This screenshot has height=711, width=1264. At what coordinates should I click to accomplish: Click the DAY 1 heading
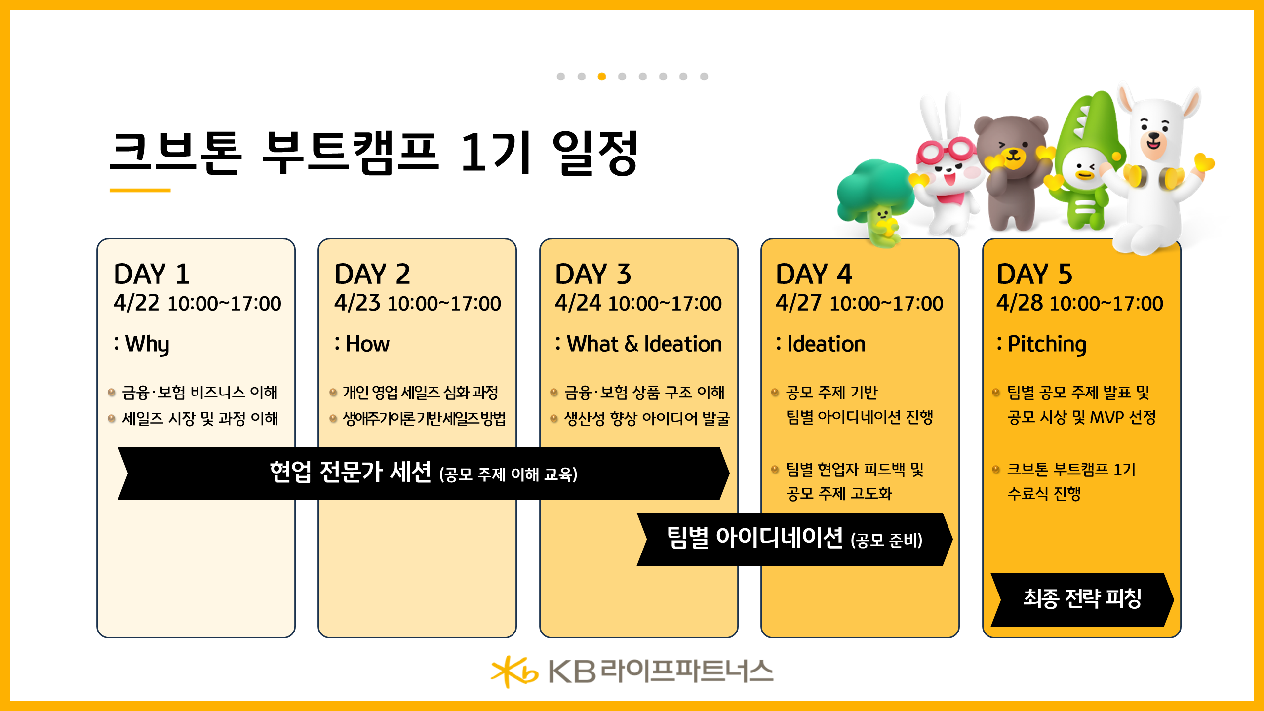coord(152,274)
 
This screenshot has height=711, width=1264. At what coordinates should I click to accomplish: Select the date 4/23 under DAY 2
coord(357,303)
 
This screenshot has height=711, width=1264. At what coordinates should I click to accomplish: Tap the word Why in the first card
coord(147,344)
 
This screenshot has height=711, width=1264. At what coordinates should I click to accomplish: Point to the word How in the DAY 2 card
coord(367,344)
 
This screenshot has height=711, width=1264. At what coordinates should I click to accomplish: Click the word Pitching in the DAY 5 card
coord(1046,344)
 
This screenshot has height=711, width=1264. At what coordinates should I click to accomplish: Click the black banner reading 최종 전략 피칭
coord(1081,599)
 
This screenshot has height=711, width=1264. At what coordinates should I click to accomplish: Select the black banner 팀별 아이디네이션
coord(794,539)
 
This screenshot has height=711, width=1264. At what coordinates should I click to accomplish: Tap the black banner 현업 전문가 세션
coord(423,473)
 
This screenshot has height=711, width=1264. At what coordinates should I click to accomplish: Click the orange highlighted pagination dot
coord(601,77)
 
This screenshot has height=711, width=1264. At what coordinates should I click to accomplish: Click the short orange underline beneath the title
coord(140,190)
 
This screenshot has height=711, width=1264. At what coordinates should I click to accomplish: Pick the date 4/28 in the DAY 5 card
coord(1019,303)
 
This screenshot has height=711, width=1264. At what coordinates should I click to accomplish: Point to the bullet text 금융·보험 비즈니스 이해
coord(199,393)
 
